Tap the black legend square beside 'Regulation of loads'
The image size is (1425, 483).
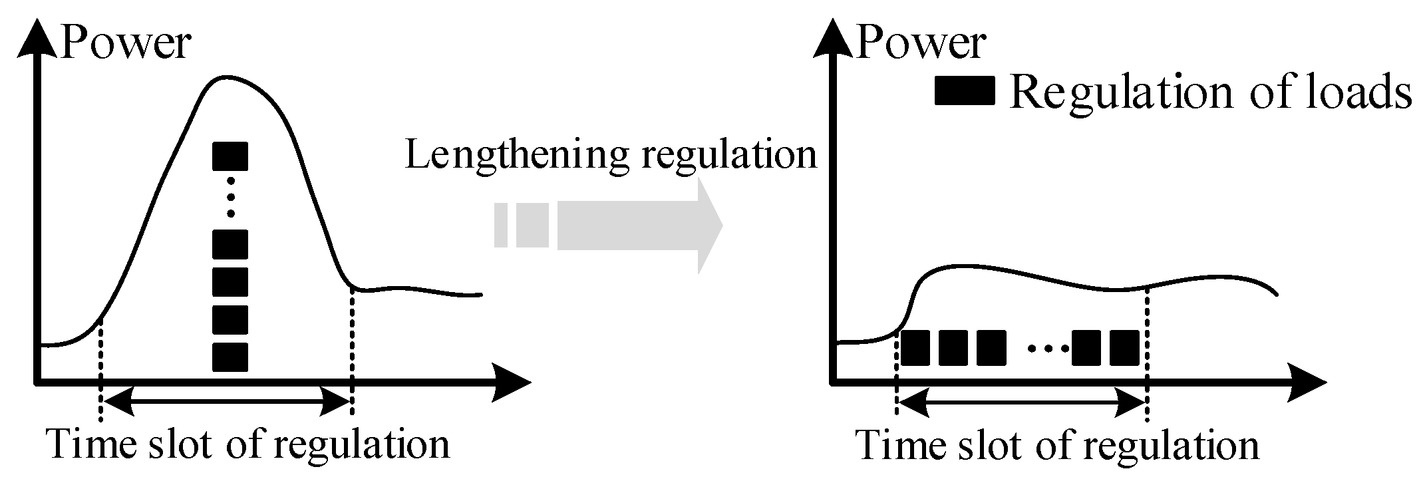click(964, 91)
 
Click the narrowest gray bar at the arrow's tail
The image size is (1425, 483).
click(501, 226)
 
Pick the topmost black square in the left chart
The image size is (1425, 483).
click(230, 156)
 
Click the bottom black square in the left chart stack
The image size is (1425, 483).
click(230, 357)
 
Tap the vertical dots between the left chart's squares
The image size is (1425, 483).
click(230, 197)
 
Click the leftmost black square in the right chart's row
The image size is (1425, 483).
click(915, 348)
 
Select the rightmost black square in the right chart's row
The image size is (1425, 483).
click(1125, 348)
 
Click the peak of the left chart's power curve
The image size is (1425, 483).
click(226, 77)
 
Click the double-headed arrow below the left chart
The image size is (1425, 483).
click(226, 401)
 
